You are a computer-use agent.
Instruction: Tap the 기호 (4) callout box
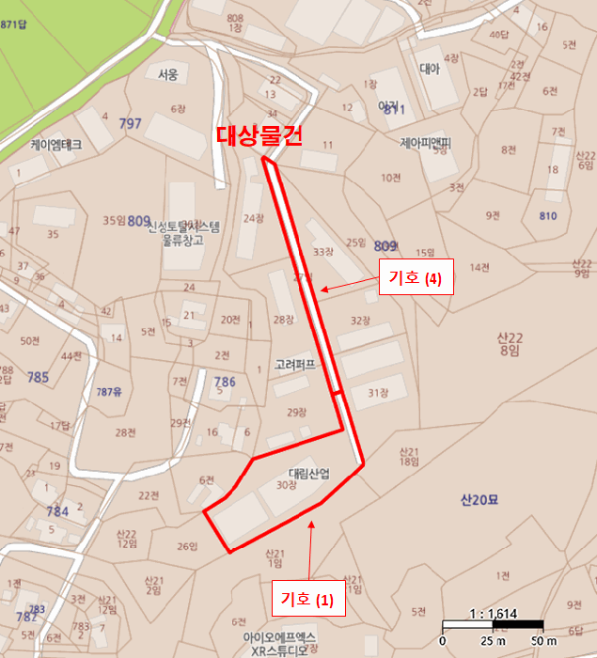(x=416, y=278)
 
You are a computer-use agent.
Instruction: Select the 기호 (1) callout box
(x=308, y=598)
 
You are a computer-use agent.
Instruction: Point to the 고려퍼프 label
(x=294, y=364)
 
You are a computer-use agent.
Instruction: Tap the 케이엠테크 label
(x=56, y=146)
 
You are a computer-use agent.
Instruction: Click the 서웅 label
(x=167, y=74)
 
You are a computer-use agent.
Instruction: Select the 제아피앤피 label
(x=425, y=144)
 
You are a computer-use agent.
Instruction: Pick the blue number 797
(x=130, y=124)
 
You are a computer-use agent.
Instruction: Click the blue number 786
(x=225, y=382)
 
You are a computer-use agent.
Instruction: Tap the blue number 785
(x=38, y=378)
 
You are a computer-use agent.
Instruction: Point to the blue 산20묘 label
(x=479, y=498)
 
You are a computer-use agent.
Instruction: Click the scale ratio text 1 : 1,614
(x=493, y=613)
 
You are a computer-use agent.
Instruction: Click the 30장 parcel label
(x=287, y=486)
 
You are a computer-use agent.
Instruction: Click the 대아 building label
(x=429, y=68)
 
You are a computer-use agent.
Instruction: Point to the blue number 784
(x=57, y=511)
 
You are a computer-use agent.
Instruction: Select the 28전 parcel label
(x=125, y=432)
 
